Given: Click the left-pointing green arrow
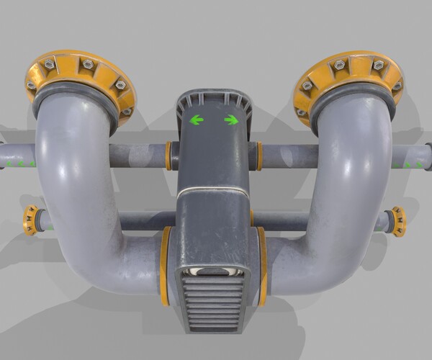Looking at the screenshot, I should (x=197, y=120).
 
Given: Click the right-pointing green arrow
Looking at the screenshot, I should (x=231, y=120).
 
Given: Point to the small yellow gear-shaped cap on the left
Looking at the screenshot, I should (x=30, y=220).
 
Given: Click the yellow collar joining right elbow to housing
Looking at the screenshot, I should (x=262, y=264).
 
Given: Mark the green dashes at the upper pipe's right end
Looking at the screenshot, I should (x=413, y=165).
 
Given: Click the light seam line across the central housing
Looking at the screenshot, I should (x=213, y=191).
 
